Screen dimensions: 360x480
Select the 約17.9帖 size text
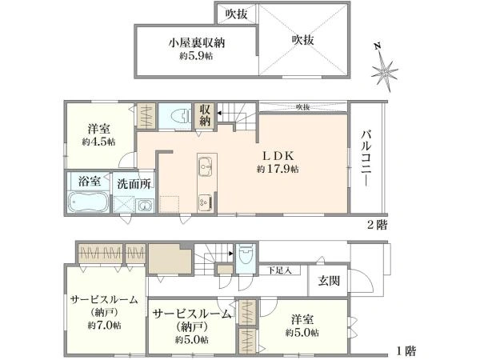[278, 169]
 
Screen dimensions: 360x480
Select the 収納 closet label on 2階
[206, 114]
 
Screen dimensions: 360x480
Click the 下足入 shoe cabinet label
[279, 270]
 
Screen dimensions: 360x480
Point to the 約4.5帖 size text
[98, 141]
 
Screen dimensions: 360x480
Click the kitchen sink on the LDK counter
[204, 166]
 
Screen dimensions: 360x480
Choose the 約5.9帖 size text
[196, 55]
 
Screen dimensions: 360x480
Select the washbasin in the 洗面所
[144, 206]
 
